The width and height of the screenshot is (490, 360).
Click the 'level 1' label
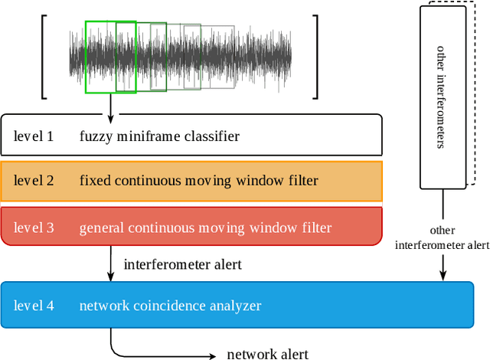click(x=34, y=137)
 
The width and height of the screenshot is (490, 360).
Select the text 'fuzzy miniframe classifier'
click(x=159, y=137)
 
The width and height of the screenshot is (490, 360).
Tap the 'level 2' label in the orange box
click(x=34, y=182)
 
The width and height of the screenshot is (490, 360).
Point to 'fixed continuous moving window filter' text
click(x=198, y=182)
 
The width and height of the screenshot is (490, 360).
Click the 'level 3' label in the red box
click(x=34, y=227)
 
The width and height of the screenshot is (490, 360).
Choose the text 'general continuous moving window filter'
click(x=205, y=227)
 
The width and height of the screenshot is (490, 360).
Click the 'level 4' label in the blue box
click(x=34, y=306)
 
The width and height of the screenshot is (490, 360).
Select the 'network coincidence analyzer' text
click(x=170, y=306)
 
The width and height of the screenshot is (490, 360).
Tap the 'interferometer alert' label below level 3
click(x=182, y=265)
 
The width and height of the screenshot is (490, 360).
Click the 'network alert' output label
click(x=267, y=353)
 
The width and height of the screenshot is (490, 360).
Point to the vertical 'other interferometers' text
click(x=441, y=97)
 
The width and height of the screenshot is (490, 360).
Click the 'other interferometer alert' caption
click(x=441, y=237)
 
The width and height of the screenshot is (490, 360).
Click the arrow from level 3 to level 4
click(x=112, y=264)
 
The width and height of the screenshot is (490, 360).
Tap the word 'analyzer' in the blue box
click(x=235, y=306)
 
